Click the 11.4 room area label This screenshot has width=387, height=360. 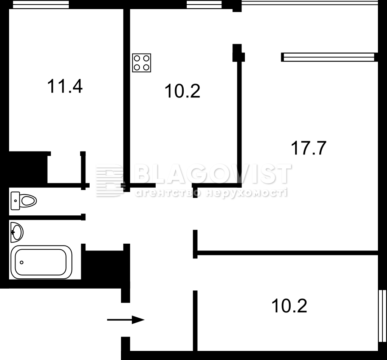click(65, 86)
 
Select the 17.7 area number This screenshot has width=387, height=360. click(309, 148)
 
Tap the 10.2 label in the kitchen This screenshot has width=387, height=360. click(182, 91)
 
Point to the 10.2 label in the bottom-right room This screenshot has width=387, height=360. click(289, 306)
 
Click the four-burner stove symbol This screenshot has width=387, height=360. click(141, 63)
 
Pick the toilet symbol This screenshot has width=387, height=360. click(24, 201)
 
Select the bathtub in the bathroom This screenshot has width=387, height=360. click(41, 262)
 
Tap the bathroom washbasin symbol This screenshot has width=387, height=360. click(17, 232)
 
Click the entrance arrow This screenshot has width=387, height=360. click(125, 320)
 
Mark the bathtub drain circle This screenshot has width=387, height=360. click(22, 262)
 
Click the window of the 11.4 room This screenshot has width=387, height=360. click(41, 4)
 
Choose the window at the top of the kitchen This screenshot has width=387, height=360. click(204, 4)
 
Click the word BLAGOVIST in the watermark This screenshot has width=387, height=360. click(213, 174)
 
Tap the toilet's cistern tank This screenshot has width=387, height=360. click(15, 201)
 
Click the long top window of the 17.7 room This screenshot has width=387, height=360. click(310, 3)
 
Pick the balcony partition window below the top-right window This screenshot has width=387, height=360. click(329, 57)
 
